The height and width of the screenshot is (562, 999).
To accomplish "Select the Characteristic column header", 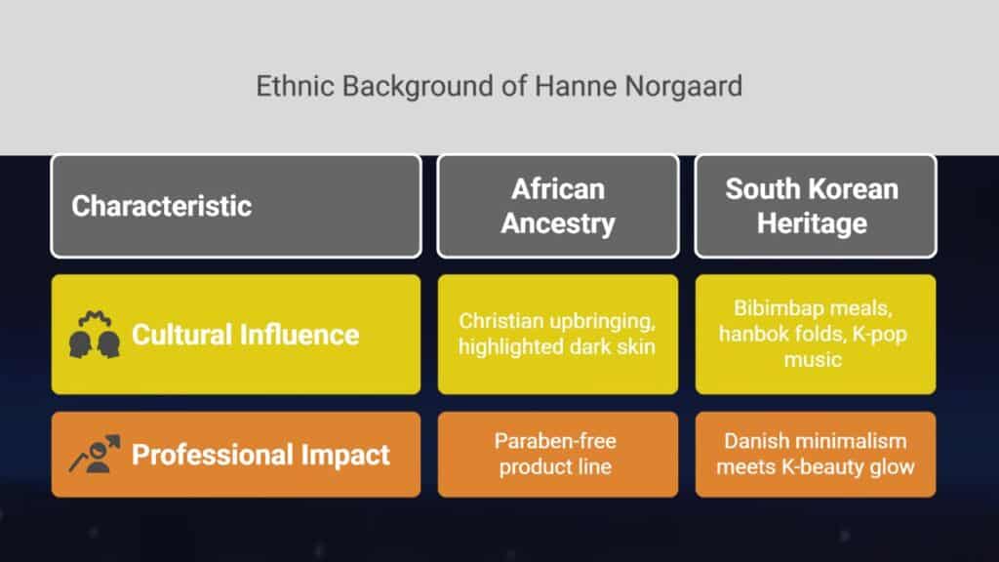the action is point(236,207).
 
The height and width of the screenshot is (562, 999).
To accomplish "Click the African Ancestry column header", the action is point(558,207).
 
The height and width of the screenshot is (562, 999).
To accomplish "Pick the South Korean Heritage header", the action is point(816,207).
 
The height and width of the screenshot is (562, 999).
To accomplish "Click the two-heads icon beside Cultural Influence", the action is point(95,335).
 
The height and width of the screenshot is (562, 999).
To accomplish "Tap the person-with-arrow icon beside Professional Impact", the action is point(95,454).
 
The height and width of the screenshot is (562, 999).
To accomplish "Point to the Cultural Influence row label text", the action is point(245,335).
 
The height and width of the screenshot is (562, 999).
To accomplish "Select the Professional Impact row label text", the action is point(260,455).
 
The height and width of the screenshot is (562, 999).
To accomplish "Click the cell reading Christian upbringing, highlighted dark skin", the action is point(558,335).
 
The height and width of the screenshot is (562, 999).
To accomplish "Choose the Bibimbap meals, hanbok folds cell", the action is point(816,335).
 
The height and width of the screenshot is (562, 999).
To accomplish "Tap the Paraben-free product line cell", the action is point(558,455).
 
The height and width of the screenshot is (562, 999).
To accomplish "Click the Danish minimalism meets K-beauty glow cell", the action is point(816,455).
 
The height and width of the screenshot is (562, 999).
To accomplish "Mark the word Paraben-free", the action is point(555,441).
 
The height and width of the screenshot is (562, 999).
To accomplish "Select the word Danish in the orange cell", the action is point(754,441).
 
